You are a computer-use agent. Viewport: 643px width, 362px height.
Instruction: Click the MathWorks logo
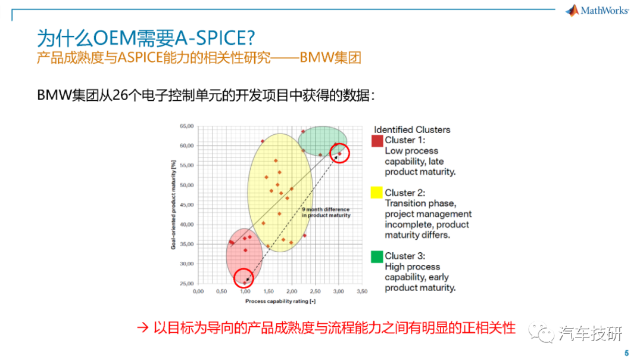(597, 11)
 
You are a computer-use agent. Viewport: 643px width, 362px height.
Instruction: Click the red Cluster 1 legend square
(377, 141)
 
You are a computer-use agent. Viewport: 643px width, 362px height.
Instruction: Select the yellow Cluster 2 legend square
(376, 193)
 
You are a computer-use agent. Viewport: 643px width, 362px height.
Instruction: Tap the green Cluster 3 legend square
(377, 257)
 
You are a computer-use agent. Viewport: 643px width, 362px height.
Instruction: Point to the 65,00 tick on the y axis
(186, 126)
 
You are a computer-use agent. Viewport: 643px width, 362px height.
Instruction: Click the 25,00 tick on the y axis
(186, 283)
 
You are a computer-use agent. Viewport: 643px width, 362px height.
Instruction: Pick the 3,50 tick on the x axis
(362, 291)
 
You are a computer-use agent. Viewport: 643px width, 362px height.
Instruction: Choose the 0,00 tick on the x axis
(198, 291)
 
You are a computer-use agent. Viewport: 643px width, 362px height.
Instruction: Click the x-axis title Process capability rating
(280, 301)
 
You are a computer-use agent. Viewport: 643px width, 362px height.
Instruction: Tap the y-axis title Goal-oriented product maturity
(173, 205)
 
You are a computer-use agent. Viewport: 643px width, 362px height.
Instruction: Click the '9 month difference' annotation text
(326, 212)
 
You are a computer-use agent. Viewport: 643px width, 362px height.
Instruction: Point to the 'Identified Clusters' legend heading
(412, 130)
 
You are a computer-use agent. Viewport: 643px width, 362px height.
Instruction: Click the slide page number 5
(626, 354)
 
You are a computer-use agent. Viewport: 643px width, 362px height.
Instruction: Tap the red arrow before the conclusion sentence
(143, 327)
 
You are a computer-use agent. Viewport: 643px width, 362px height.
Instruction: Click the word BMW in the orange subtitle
(316, 57)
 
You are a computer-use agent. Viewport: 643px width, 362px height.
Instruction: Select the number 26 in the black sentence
(120, 95)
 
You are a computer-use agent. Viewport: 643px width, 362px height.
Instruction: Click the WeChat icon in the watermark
(541, 333)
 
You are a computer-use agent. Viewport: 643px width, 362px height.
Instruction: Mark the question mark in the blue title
(250, 38)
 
